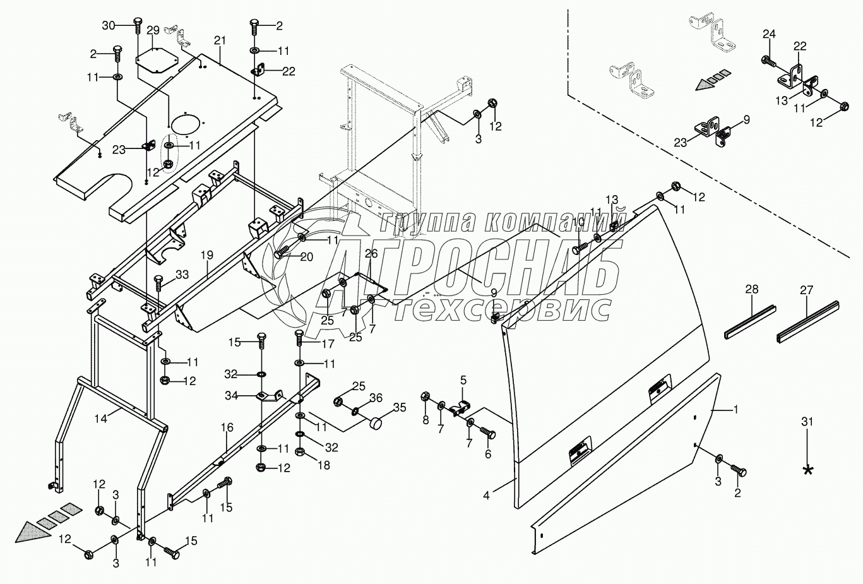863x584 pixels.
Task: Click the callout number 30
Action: coord(109,25)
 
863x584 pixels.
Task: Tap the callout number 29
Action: coord(153,30)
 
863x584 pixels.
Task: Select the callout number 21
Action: coord(219,41)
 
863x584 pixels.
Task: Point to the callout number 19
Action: coord(207,256)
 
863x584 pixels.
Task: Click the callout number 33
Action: coord(182,275)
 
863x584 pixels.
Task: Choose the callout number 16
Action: coord(227,428)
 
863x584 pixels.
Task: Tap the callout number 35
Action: coord(400,407)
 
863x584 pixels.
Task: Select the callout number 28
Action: coord(751,290)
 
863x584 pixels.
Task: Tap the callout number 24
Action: coord(768,34)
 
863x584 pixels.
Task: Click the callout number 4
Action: coord(486,496)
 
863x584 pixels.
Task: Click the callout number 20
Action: coord(306,257)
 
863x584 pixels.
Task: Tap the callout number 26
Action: coord(371,254)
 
